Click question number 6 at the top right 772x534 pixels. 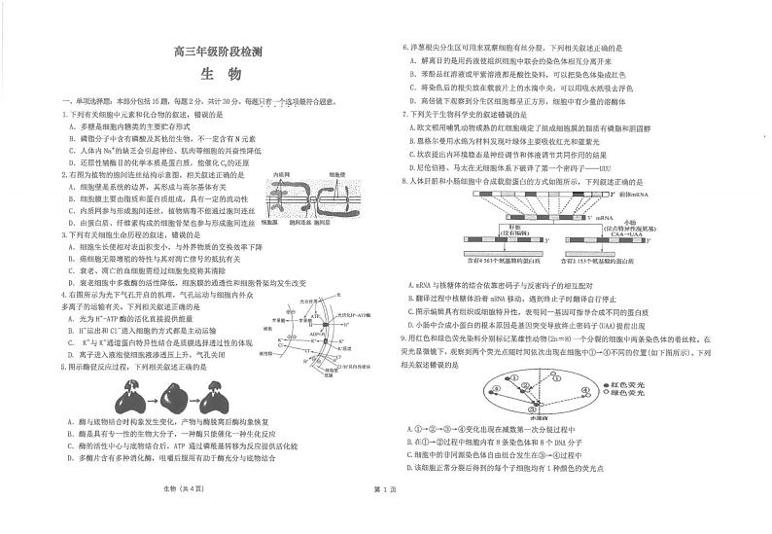(x=405, y=47)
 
